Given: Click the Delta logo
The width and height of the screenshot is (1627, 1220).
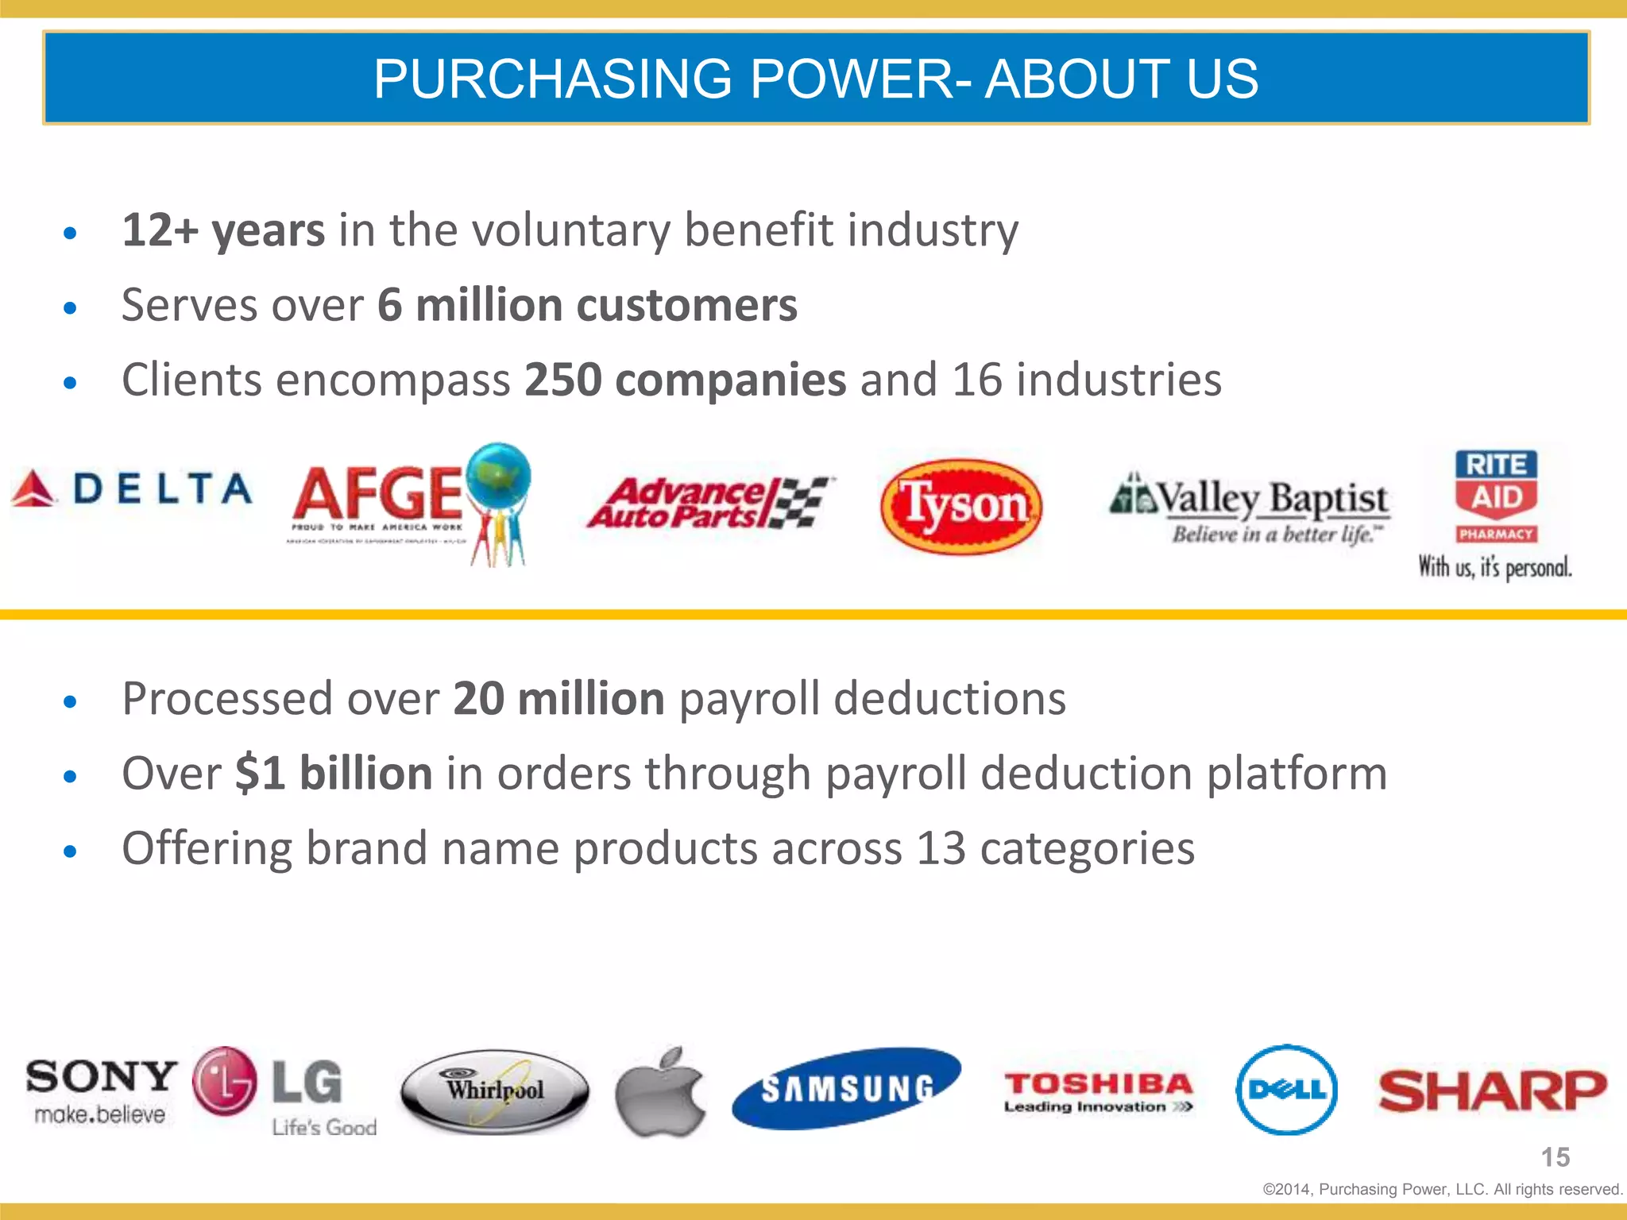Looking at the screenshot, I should [x=132, y=488].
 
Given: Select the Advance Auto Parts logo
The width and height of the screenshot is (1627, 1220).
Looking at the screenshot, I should [x=709, y=503].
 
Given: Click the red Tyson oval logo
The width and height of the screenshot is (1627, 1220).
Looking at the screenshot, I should [x=961, y=506].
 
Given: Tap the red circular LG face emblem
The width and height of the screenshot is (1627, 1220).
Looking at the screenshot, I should [x=225, y=1081].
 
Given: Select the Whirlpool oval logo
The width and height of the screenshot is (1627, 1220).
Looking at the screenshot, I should [x=495, y=1090].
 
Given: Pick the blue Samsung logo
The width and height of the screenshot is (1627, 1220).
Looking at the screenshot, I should [x=847, y=1088].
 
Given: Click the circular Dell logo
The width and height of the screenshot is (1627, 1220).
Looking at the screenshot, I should [x=1286, y=1090].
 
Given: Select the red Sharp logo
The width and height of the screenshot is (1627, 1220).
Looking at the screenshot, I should [x=1492, y=1090].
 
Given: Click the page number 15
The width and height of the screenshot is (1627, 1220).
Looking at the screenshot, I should [x=1556, y=1157].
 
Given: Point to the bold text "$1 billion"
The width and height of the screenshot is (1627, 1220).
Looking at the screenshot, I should [x=334, y=773].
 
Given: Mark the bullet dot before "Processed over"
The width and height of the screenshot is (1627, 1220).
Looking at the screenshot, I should [x=71, y=701].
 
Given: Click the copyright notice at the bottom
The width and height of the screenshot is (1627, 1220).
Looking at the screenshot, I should [x=1442, y=1189].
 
